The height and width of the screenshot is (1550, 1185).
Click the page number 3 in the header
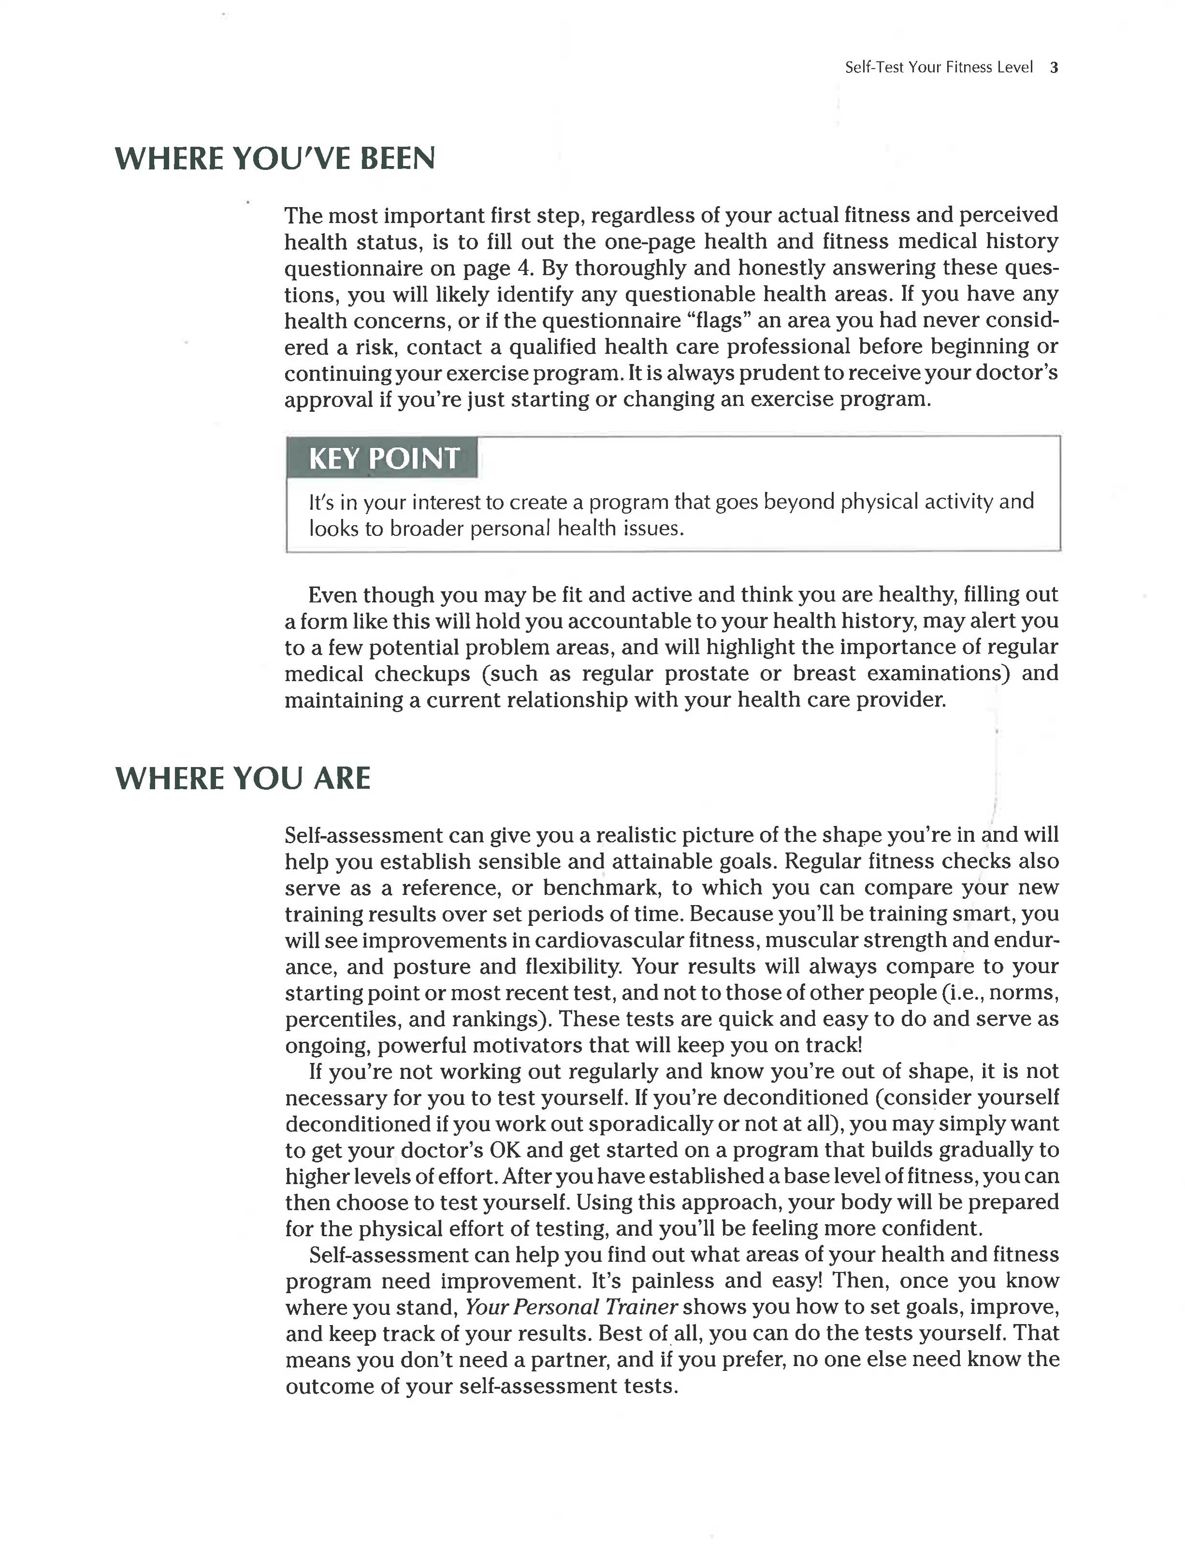pyautogui.click(x=1054, y=68)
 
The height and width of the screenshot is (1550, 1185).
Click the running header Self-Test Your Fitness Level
pyautogui.click(x=938, y=68)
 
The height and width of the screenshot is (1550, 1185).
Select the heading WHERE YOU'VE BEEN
pyautogui.click(x=274, y=159)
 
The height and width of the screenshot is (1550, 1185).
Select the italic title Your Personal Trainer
pyautogui.click(x=571, y=1308)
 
